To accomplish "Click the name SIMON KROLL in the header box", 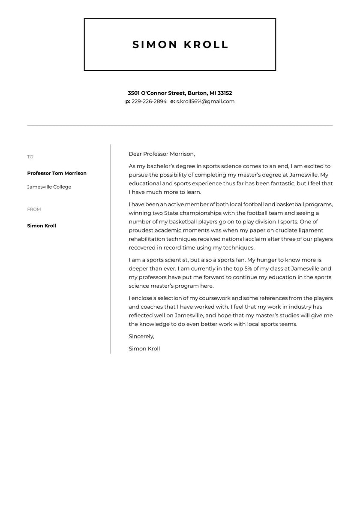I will pos(180,45).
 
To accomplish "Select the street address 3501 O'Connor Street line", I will pos(180,93).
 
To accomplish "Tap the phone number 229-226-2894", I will pos(149,102).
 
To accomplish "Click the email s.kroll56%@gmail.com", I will pos(205,102).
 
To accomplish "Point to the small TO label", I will pos(30,157).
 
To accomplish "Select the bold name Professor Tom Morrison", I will pos(57,173).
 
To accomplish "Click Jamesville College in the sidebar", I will pos(49,187).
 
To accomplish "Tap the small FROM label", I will pos(34,209).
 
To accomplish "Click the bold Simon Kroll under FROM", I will pos(42,226).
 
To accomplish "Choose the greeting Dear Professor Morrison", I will pos(162,154).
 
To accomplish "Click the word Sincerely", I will pos(141,337).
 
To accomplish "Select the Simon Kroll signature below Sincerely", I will pos(144,349).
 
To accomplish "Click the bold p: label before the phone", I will pos(128,102).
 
